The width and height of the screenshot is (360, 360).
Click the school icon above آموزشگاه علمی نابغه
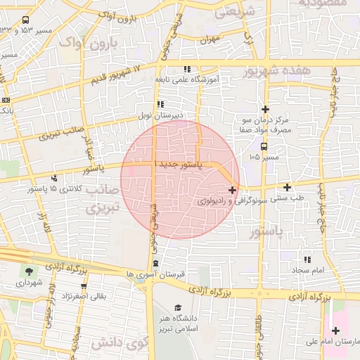coord(187,69)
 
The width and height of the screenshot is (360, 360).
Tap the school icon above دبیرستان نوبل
coord(161,104)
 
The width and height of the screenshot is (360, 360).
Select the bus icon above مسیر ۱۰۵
coord(264,147)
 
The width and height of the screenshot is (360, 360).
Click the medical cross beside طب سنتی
coord(287,187)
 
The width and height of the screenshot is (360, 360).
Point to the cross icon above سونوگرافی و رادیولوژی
coord(233,190)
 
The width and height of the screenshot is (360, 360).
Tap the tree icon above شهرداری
coord(28,271)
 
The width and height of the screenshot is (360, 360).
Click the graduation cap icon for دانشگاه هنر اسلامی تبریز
coord(178,308)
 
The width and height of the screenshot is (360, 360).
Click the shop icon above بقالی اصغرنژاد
coord(84,286)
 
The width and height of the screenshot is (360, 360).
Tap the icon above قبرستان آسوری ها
coord(156,264)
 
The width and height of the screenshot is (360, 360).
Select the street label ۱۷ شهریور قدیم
coord(117,74)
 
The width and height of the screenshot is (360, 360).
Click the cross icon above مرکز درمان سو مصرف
coord(265,109)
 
